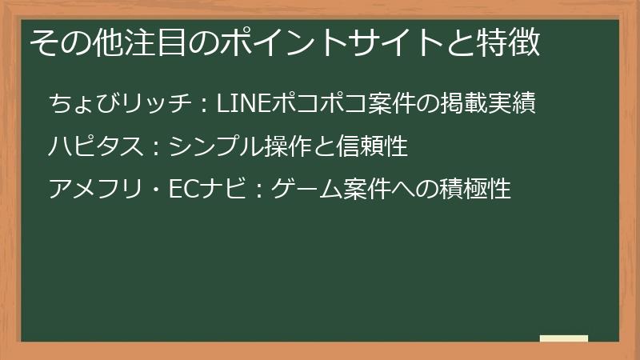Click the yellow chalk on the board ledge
point(563,338)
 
